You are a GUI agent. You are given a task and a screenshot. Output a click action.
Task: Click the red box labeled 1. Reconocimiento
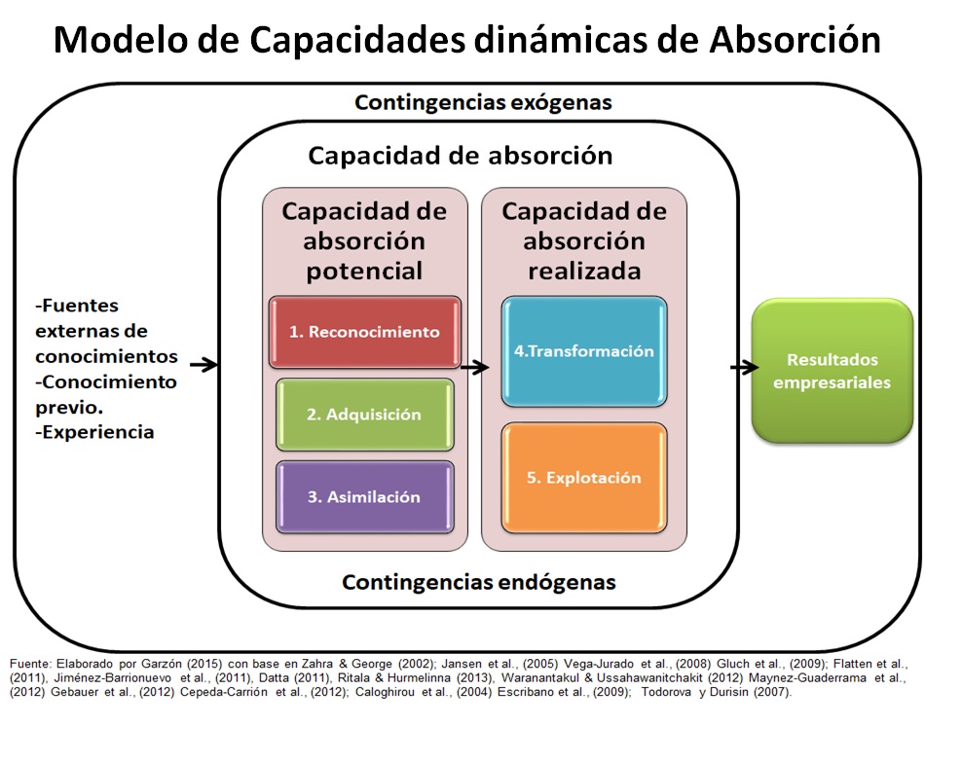(364, 332)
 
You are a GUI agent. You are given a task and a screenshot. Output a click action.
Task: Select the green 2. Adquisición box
(364, 415)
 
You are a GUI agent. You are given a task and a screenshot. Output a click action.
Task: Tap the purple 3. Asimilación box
(364, 496)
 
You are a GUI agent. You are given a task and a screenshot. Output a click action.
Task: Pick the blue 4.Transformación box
(584, 351)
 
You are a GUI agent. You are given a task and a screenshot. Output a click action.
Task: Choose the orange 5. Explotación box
(584, 478)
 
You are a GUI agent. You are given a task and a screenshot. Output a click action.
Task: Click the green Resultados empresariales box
(832, 370)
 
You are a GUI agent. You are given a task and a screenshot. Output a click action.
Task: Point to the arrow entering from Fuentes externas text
(203, 365)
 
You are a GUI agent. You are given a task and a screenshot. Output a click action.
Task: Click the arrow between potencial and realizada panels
(474, 367)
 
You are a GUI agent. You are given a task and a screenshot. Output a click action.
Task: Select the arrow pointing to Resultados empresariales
(744, 367)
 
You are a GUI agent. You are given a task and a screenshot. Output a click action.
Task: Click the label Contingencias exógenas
(483, 102)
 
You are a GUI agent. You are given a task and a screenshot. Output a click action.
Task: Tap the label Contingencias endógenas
(478, 582)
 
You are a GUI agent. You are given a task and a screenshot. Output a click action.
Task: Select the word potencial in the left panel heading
(364, 271)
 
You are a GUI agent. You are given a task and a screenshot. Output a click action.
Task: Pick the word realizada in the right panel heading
(584, 271)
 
